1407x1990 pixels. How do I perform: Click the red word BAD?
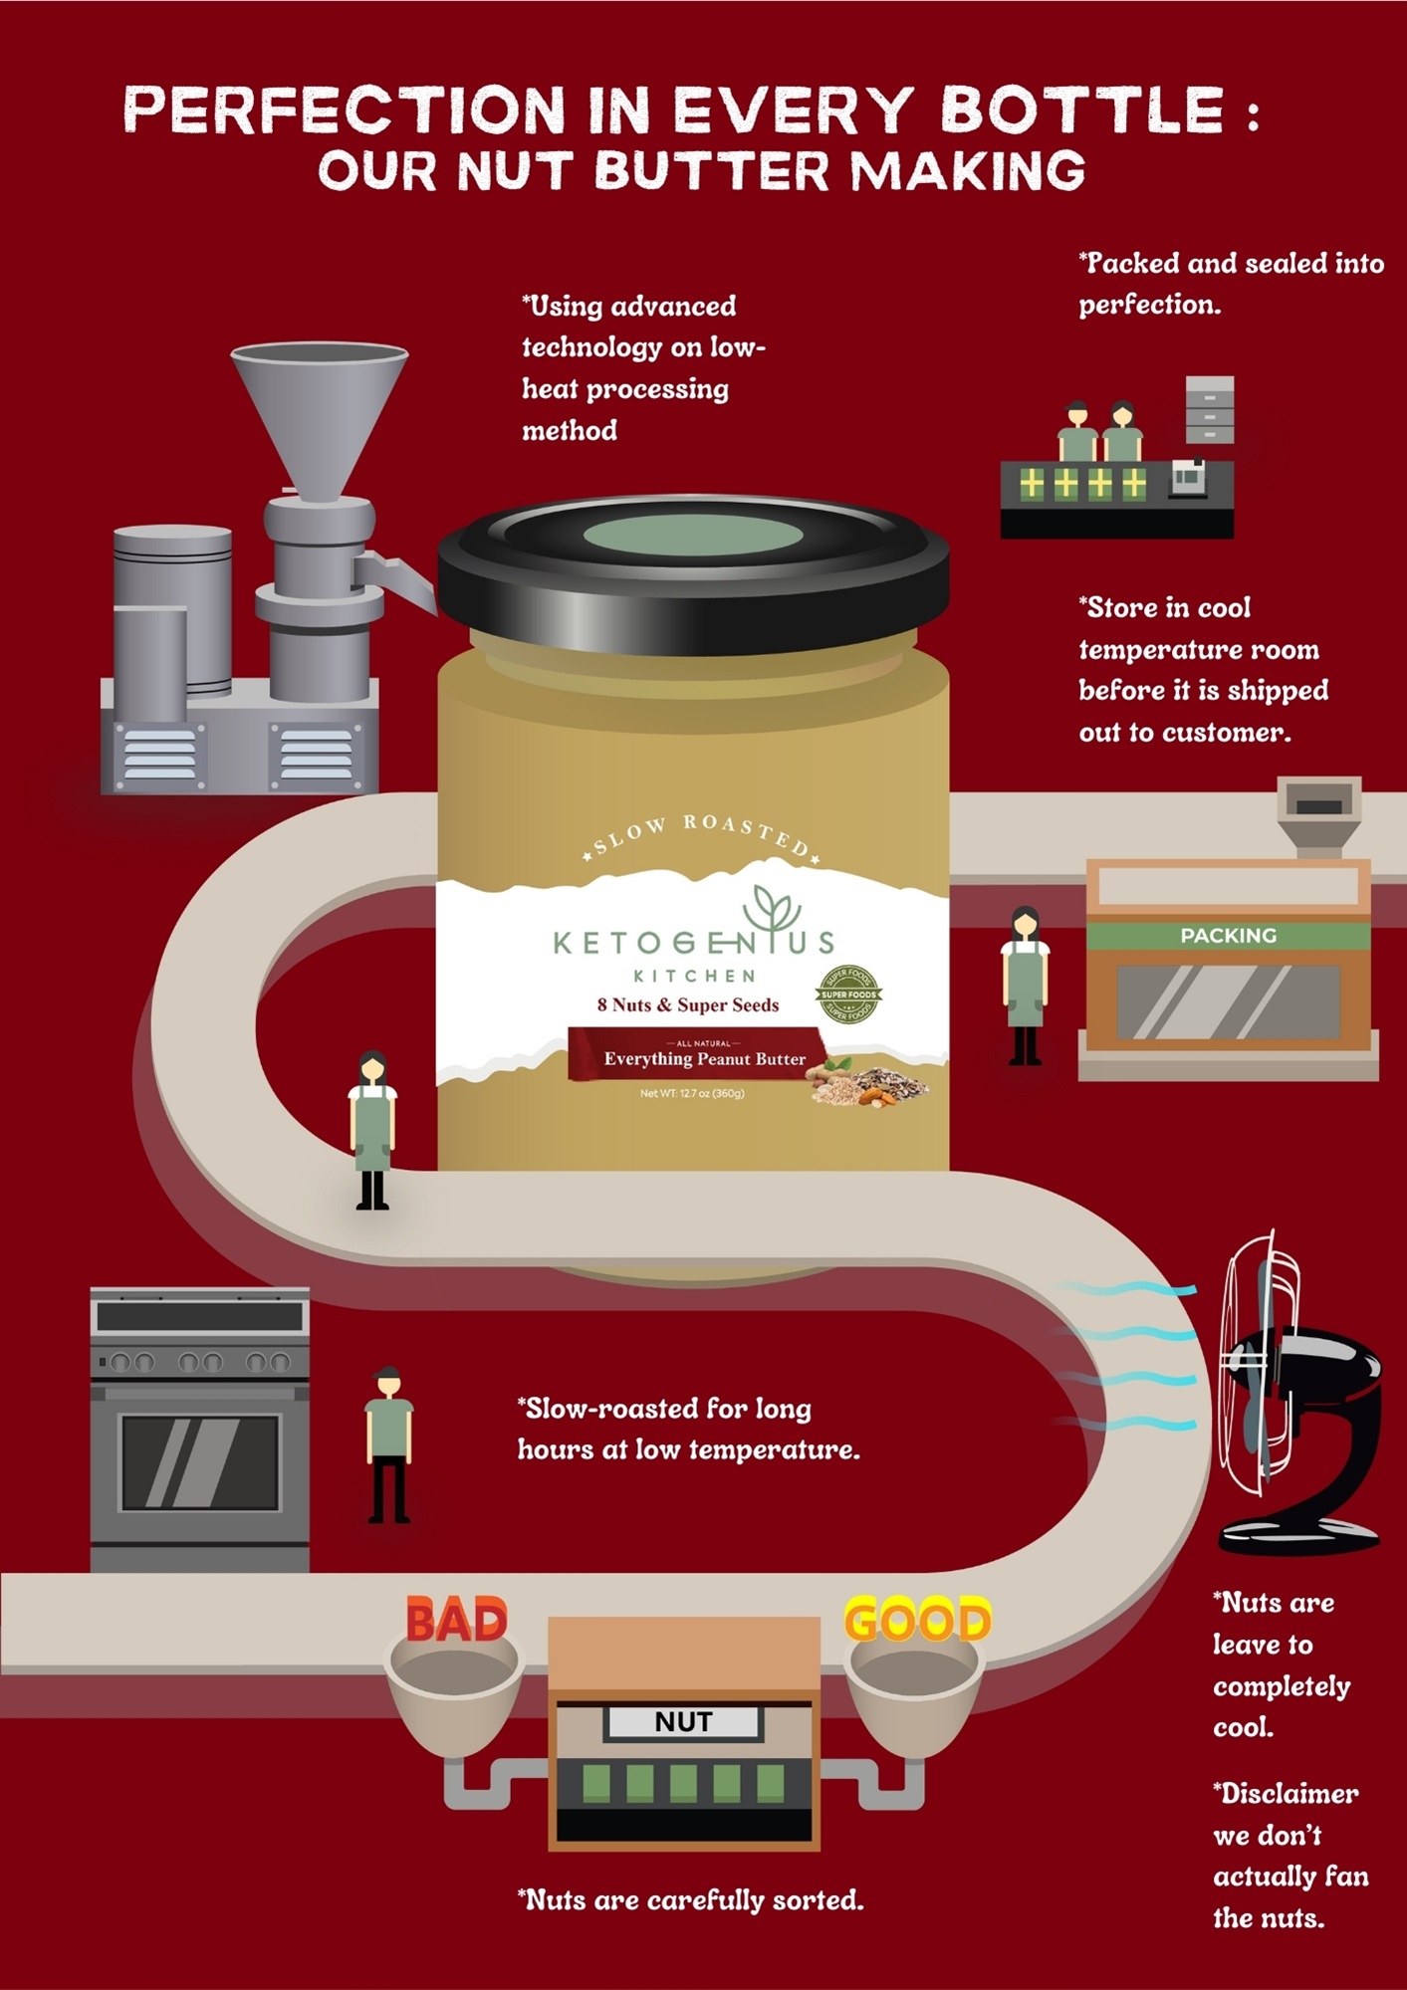point(457,1621)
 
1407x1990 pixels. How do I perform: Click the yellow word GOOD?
point(918,1621)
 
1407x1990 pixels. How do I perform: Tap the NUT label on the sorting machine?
point(683,1722)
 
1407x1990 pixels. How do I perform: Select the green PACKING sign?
point(1229,936)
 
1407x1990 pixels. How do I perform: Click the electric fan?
point(1299,1394)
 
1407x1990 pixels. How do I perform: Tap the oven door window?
point(200,1462)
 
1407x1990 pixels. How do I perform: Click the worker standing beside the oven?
point(388,1444)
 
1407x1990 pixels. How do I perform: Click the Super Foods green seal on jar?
point(848,994)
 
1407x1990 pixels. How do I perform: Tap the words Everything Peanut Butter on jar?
point(704,1059)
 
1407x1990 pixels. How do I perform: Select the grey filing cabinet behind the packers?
point(1210,409)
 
